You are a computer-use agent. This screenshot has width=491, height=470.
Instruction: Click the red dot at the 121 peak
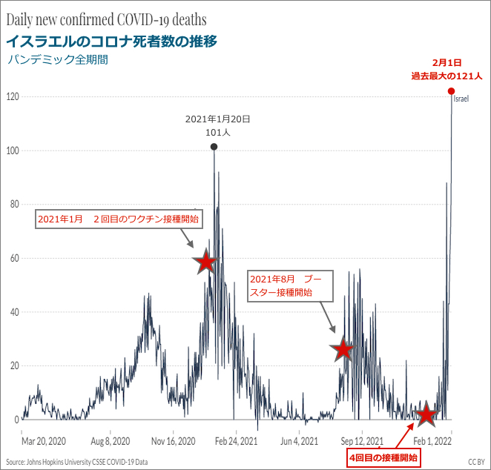tap(451, 91)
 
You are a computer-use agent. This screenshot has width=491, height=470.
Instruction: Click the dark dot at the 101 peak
tap(214, 147)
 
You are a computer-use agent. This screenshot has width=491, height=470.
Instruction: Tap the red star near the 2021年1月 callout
tap(205, 262)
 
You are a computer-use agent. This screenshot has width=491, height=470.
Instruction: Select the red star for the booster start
tap(343, 349)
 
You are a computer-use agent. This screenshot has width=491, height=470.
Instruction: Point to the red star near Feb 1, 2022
tap(426, 414)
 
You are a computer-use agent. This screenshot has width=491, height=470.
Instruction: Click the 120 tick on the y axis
tap(13, 97)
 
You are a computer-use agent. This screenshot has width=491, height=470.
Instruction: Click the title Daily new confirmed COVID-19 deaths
tap(106, 19)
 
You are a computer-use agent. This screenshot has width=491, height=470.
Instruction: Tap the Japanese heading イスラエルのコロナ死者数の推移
tap(111, 41)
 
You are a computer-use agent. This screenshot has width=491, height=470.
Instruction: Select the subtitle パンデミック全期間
tap(57, 60)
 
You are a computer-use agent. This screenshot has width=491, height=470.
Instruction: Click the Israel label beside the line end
tap(461, 99)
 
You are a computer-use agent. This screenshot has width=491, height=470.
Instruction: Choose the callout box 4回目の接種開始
tap(383, 457)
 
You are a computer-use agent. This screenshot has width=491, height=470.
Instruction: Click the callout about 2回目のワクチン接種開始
tap(118, 219)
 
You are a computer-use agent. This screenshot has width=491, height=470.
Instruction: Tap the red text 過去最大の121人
tap(447, 76)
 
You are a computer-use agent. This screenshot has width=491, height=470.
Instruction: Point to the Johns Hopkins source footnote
tap(77, 461)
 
